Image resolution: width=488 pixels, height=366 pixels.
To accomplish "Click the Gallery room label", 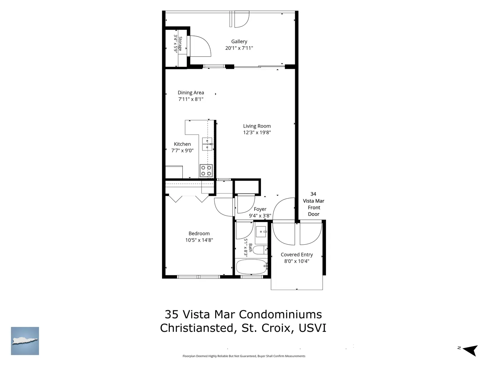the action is click(239, 41).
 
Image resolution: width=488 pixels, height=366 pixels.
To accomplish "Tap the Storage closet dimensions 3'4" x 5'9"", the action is click(176, 43).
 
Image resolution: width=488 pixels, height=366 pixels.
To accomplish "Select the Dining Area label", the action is click(191, 93).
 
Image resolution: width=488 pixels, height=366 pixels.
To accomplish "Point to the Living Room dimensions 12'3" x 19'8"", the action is click(257, 133).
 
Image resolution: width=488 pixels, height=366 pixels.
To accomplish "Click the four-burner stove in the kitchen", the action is click(206, 170).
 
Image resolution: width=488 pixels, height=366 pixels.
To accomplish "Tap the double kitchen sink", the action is click(207, 144).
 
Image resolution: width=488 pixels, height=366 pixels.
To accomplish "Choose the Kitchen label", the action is click(182, 144).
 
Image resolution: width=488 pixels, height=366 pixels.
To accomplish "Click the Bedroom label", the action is click(199, 233).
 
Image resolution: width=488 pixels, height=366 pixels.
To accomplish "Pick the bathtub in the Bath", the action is click(251, 267).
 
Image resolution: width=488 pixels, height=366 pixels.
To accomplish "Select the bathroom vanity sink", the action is click(261, 231).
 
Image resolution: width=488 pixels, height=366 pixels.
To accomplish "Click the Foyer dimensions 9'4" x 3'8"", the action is click(260, 216).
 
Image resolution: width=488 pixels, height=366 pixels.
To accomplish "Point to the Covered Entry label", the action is click(297, 255).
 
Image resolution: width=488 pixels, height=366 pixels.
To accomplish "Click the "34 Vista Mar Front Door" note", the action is click(313, 204).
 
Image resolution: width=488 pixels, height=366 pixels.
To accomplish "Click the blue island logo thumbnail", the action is click(25, 341).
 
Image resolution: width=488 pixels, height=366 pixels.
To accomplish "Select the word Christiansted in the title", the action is click(197, 328).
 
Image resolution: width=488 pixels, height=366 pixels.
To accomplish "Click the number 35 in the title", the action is click(171, 314).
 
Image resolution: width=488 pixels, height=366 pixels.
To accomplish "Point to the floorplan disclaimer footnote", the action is click(244, 356).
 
